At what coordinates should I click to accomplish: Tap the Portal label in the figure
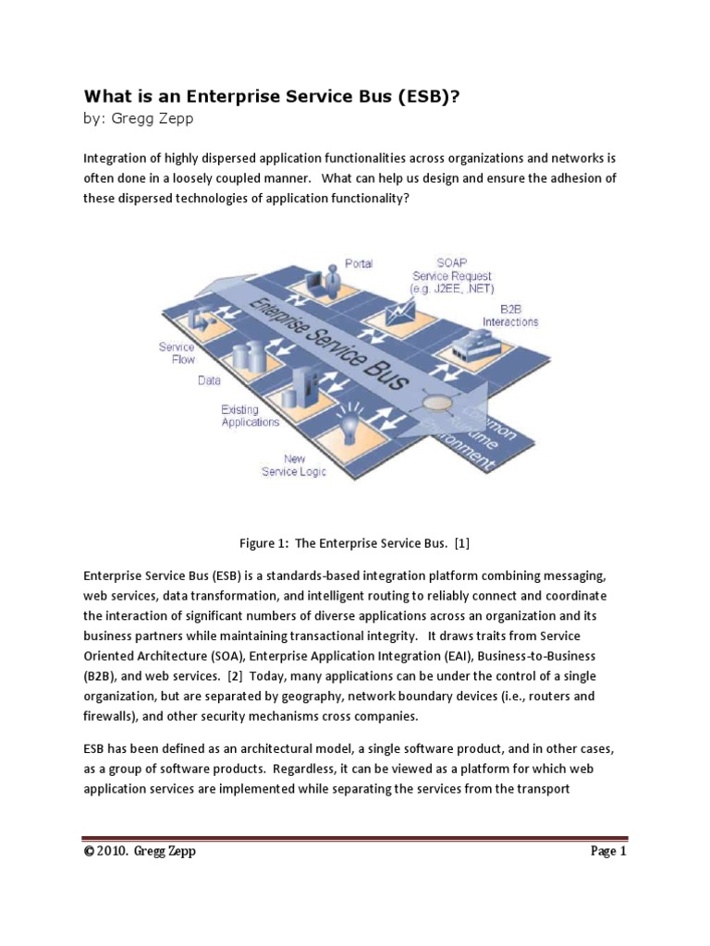coord(359,263)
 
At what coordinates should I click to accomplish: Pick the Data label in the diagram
coord(209,380)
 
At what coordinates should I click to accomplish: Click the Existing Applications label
coord(250,416)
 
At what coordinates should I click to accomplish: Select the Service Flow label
coord(177,353)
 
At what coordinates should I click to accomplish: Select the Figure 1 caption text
coord(355,542)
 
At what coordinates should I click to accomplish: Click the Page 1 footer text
coord(608,852)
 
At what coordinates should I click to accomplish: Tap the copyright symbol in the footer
coord(89,852)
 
